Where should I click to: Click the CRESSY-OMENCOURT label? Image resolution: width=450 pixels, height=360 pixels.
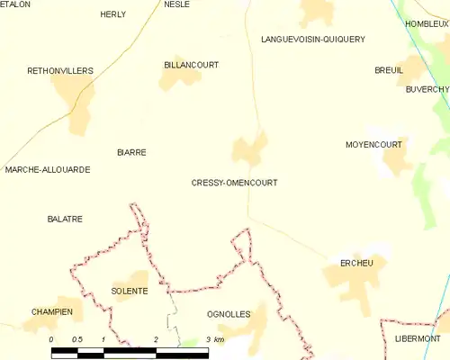234,183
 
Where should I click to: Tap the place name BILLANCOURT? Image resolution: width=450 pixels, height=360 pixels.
192,65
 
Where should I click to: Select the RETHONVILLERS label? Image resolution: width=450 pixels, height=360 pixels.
60,69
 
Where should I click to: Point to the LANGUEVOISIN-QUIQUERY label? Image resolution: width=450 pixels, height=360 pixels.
312,40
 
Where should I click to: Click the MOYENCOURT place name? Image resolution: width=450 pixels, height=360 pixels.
373,144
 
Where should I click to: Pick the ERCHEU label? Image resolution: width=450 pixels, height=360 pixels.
358,263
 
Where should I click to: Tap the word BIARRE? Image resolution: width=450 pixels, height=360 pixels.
131,153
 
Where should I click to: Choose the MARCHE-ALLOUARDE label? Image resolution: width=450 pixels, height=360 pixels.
48,169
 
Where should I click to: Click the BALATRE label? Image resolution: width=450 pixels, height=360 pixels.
65,219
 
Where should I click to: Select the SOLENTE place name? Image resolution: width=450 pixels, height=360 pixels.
129,291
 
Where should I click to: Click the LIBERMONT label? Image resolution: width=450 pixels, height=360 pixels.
418,338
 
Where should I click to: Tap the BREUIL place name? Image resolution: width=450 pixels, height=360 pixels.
389,69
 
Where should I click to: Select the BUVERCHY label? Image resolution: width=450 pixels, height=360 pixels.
427,89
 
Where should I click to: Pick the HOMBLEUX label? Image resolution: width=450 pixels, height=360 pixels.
427,23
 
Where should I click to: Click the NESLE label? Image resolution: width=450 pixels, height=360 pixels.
176,4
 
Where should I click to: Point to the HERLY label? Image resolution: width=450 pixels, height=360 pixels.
113,14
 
